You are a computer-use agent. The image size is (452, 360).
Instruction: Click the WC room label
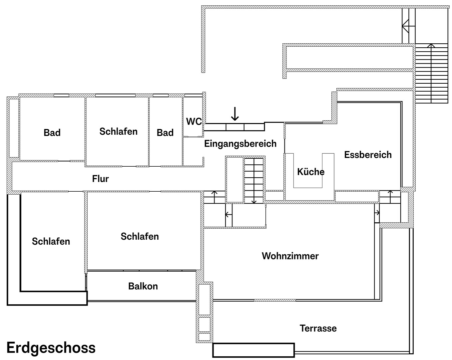194,121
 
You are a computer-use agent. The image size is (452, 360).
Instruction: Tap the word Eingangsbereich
240,144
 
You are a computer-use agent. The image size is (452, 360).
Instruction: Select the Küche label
311,172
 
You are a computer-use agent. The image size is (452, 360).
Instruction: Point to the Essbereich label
368,155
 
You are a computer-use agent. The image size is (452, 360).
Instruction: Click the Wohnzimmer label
290,256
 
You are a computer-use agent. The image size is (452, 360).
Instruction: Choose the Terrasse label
318,328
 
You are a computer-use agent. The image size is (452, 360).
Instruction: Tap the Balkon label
143,286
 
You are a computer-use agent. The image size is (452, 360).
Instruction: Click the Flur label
100,179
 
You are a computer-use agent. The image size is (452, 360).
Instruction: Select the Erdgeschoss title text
51,348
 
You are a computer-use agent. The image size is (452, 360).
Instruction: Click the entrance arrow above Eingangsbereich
235,114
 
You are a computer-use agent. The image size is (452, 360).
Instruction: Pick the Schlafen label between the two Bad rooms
119,132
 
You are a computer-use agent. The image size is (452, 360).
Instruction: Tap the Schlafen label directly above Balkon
140,237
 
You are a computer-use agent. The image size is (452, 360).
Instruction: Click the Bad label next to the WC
165,133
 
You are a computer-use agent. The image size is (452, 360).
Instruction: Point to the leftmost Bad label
52,133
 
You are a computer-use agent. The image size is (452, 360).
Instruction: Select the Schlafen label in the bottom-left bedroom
51,241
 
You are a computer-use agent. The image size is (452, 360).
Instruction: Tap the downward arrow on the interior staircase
254,181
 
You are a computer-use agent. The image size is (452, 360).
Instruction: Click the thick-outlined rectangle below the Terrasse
253,350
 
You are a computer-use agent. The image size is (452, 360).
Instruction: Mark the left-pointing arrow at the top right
409,26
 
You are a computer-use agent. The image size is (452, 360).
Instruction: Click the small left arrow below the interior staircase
228,215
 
